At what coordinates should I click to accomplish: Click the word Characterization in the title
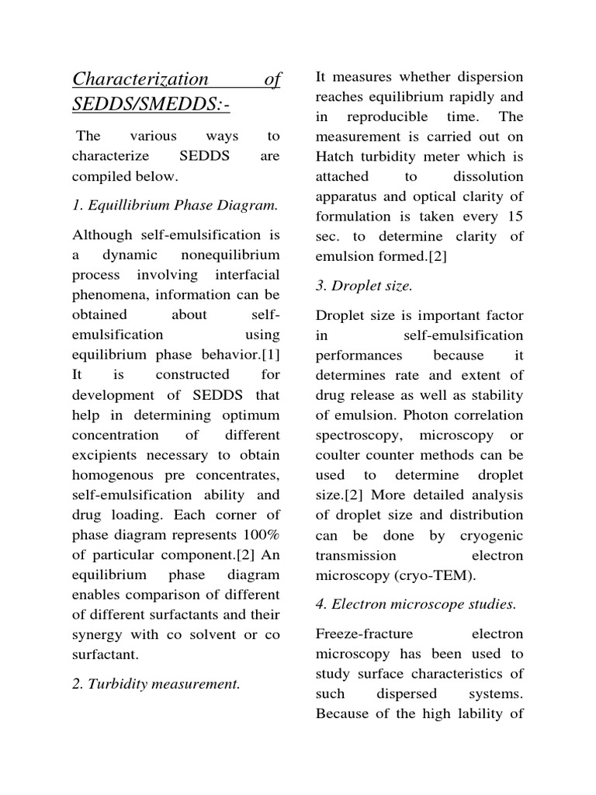pos(140,79)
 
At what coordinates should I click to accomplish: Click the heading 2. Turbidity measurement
pos(156,683)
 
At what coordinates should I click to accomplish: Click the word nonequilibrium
pos(230,255)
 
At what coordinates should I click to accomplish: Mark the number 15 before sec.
pos(513,217)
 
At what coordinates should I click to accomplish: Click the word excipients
pos(106,455)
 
